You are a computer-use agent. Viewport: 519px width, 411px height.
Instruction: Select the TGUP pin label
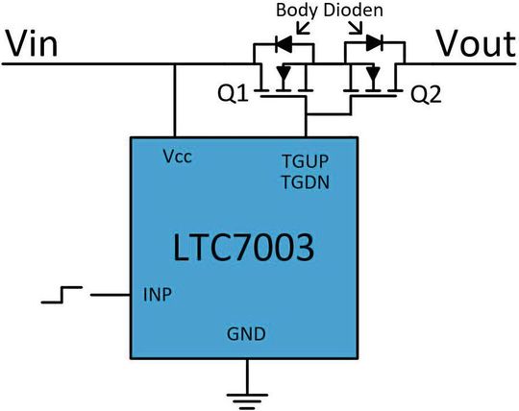(305, 162)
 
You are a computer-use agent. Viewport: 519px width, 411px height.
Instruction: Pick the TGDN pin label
(305, 181)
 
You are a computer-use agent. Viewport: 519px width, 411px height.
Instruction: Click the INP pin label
(157, 293)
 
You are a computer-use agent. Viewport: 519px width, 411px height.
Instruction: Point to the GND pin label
(246, 334)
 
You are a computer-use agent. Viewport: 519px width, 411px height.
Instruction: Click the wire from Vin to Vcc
(176, 101)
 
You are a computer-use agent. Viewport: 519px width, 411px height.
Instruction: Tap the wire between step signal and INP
(111, 294)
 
